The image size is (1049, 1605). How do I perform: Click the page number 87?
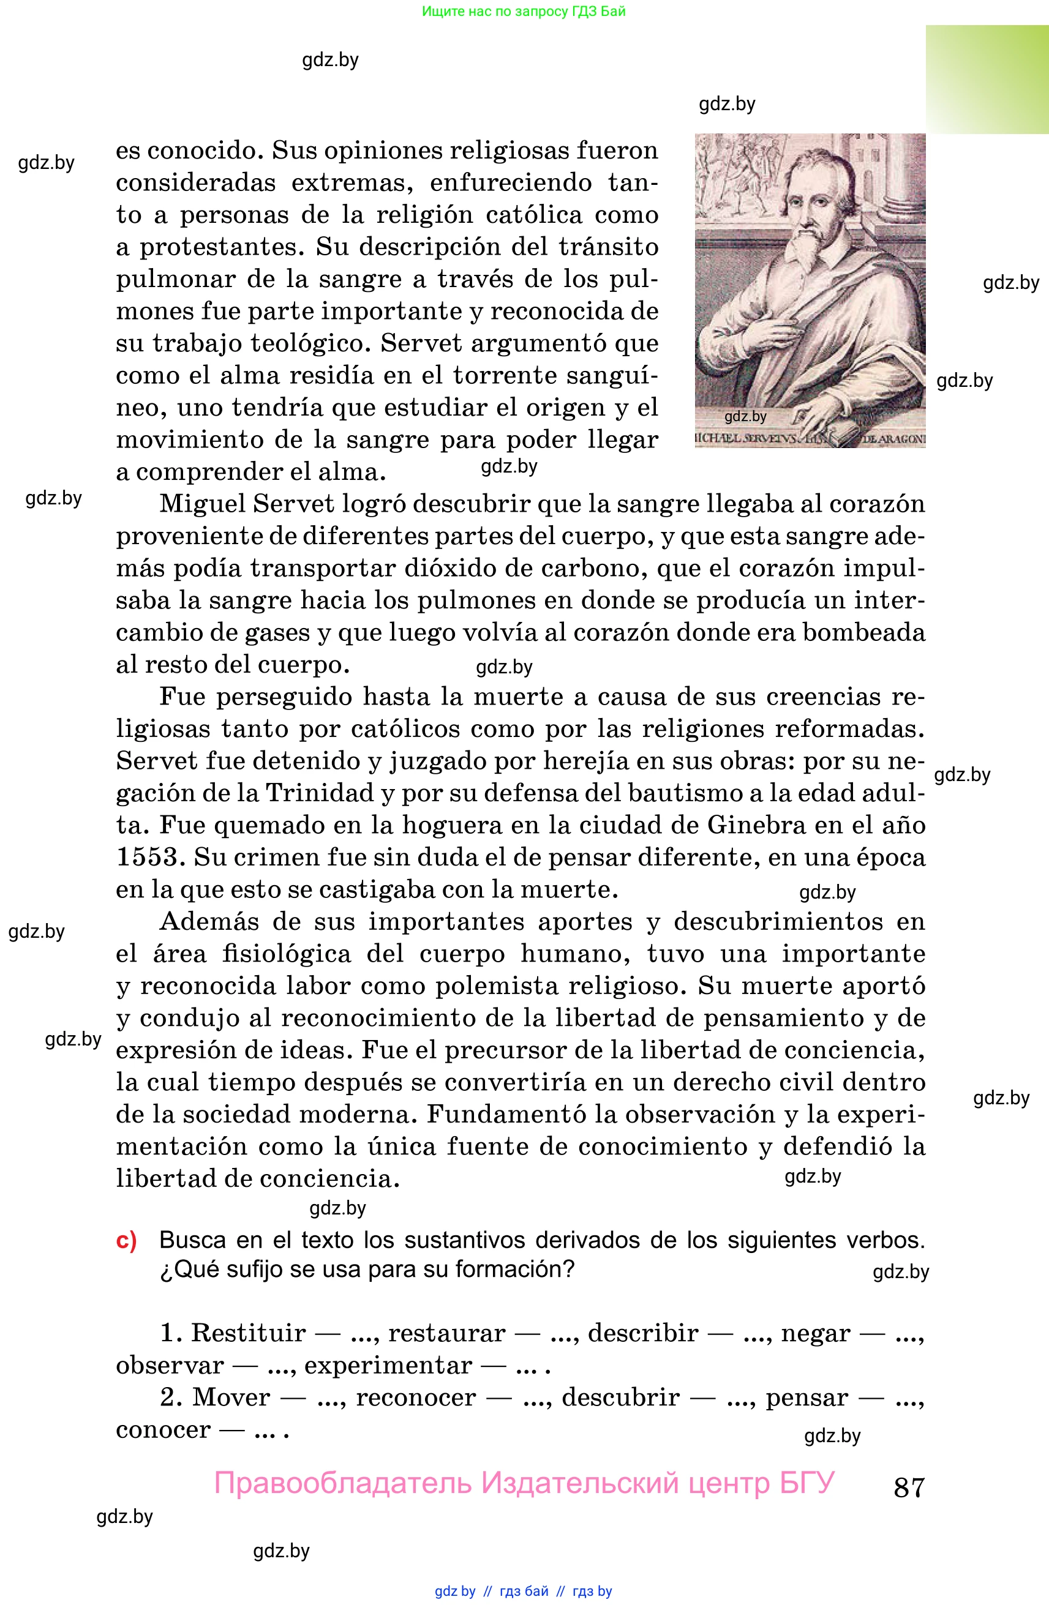click(x=909, y=1486)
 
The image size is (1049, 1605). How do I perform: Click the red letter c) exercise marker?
click(x=126, y=1240)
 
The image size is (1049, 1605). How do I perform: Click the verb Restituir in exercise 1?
click(x=248, y=1334)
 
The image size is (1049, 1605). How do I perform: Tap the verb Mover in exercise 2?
click(x=231, y=1398)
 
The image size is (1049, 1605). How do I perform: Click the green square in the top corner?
click(x=987, y=79)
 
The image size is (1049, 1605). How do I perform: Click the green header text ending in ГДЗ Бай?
click(x=524, y=12)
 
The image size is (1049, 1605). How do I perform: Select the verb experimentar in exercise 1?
click(x=388, y=1366)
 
